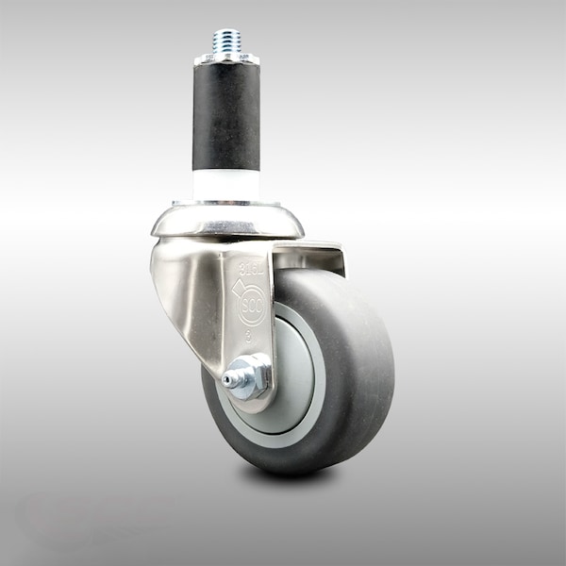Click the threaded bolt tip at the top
pyautogui.click(x=226, y=40)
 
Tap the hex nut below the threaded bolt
pyautogui.click(x=226, y=58)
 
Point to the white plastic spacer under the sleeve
pyautogui.click(x=226, y=184)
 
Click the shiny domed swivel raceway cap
pyautogui.click(x=227, y=223)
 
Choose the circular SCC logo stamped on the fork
pyautogui.click(x=252, y=306)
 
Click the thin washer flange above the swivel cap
pyautogui.click(x=226, y=202)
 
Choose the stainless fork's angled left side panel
pyautogui.click(x=189, y=292)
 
